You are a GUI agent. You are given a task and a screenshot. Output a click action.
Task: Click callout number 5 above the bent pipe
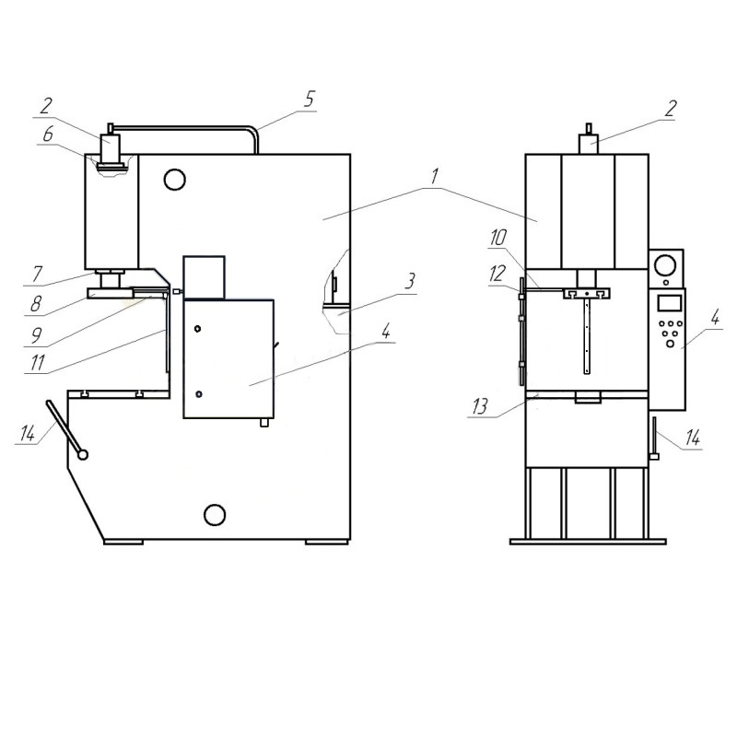tap(309, 99)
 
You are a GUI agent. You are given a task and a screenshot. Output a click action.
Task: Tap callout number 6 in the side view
tap(48, 134)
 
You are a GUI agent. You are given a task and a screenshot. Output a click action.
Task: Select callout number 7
tap(37, 273)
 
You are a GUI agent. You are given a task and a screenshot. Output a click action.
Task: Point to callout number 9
tap(36, 334)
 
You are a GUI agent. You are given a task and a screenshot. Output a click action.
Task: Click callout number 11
tap(37, 362)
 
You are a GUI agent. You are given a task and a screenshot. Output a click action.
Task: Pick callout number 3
tap(410, 282)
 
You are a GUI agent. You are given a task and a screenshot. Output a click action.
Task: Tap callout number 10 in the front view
tap(497, 239)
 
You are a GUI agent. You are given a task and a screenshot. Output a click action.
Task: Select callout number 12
tap(497, 274)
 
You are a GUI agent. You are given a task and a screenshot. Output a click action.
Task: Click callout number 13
tap(479, 406)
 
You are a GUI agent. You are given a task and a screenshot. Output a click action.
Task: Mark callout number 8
tap(36, 304)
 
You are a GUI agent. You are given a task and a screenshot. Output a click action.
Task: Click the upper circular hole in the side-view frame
tap(175, 180)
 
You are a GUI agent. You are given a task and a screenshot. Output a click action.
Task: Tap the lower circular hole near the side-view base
tap(215, 515)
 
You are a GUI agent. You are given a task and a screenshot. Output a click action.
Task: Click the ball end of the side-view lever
tap(83, 454)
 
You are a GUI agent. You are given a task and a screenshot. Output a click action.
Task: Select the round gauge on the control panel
tap(665, 265)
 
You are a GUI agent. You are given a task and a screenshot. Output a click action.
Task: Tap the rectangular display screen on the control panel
tap(670, 303)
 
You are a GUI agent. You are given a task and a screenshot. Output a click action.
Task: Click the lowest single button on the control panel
tap(671, 344)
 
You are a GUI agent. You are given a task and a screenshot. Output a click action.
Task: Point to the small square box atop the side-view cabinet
tap(204, 277)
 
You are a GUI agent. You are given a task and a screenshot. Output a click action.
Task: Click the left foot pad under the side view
tap(123, 542)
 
